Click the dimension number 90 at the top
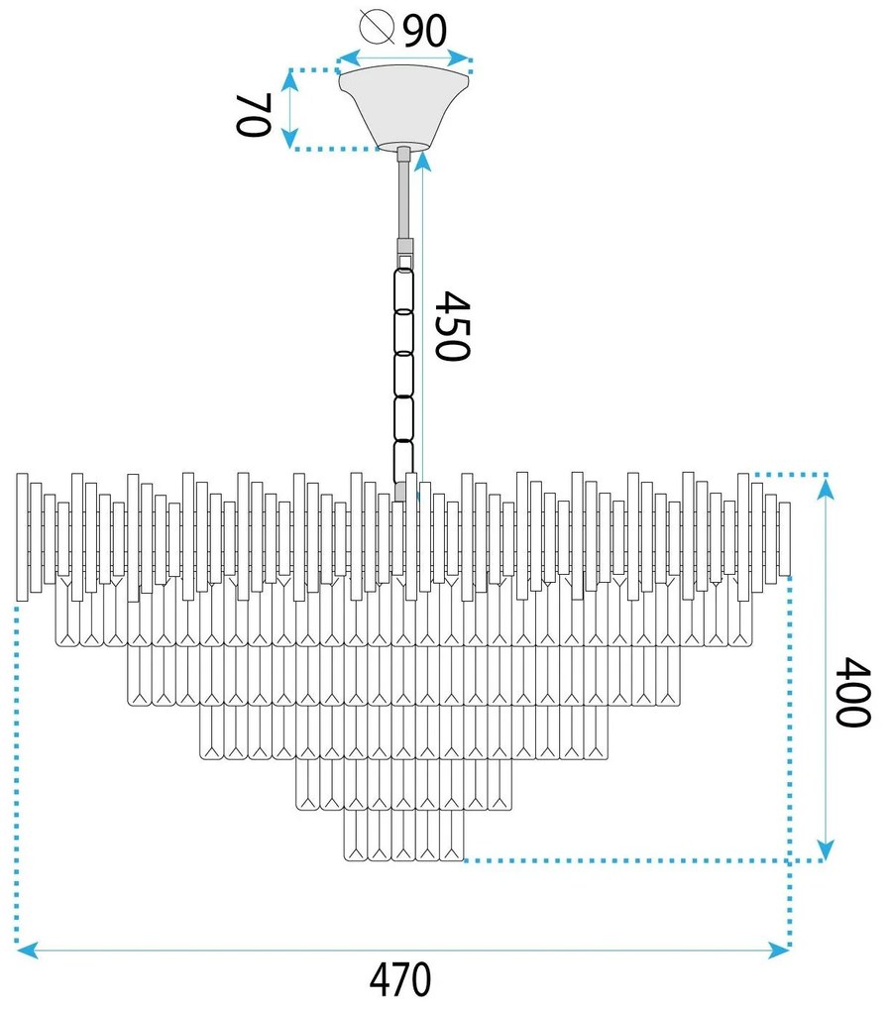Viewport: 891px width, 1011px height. pos(425,30)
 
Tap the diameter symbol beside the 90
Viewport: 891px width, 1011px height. pos(378,27)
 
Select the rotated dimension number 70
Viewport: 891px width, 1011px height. pos(253,115)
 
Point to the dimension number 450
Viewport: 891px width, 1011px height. pos(452,326)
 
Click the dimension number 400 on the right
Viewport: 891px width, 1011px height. pos(853,692)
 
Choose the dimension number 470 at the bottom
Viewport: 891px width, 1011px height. pos(400,979)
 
